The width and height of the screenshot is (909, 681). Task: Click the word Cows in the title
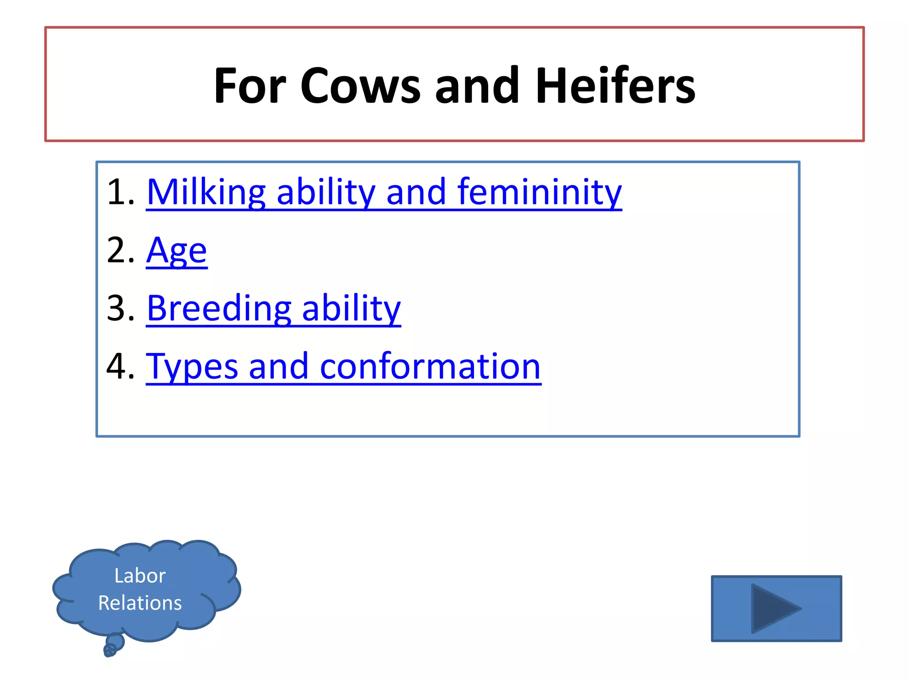[360, 86]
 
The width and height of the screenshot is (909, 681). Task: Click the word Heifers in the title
[615, 86]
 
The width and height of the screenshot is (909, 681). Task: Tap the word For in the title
[250, 86]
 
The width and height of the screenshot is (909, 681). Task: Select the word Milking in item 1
[206, 192]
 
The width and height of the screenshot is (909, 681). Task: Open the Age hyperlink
[177, 251]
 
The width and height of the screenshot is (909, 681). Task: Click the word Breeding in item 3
[219, 309]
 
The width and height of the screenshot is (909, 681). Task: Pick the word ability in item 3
[351, 309]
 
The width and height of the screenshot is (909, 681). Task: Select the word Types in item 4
[192, 367]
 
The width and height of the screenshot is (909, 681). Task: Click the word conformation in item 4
[430, 367]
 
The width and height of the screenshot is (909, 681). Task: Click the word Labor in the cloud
[140, 576]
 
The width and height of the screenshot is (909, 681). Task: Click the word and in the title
[477, 86]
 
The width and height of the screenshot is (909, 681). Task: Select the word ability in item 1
[326, 192]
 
